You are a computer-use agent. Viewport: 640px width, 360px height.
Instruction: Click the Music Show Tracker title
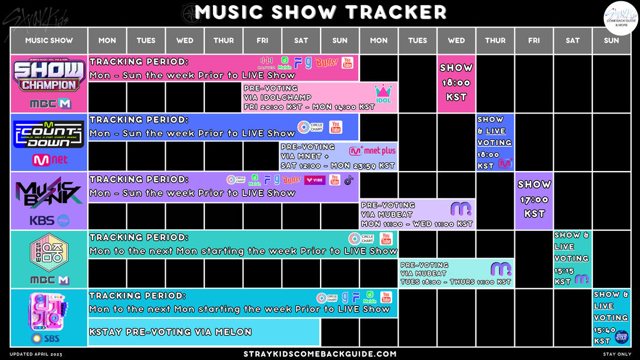[x=320, y=12]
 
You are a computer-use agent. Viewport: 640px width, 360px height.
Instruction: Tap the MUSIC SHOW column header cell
[x=49, y=41]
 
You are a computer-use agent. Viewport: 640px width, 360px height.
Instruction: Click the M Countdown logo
[x=49, y=135]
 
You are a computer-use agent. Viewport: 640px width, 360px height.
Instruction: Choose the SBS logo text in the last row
[x=49, y=338]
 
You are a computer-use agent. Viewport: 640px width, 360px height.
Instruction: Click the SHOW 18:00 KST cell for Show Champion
[x=456, y=83]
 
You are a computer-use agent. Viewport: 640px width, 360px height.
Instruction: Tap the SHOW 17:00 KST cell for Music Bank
[x=534, y=198]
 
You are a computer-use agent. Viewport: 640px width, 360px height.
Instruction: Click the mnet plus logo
[x=372, y=151]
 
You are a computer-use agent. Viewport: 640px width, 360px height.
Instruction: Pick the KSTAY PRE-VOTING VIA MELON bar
[x=204, y=332]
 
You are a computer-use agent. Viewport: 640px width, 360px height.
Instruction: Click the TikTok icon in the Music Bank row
[x=349, y=180]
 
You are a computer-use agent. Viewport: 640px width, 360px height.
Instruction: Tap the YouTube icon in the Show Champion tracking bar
[x=347, y=62]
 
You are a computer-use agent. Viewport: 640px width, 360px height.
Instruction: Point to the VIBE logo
[x=315, y=180]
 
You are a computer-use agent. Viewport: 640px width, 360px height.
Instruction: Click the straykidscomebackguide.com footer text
[x=320, y=354]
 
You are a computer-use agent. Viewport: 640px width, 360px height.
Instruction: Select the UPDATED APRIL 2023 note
[x=36, y=354]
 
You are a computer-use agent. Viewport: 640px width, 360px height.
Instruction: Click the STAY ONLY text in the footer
[x=617, y=354]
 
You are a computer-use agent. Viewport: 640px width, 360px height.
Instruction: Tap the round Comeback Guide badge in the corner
[x=621, y=18]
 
